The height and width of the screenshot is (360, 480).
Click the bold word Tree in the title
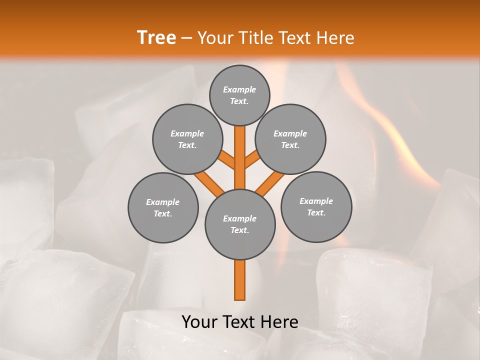[156, 37]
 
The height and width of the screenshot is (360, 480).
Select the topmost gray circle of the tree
[239, 95]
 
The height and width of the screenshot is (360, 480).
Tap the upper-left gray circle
[187, 139]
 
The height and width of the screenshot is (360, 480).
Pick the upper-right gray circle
[290, 139]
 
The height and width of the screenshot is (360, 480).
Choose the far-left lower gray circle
[163, 207]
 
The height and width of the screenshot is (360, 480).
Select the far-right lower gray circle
[316, 207]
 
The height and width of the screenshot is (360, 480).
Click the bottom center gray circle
[240, 224]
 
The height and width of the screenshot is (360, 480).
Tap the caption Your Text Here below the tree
[240, 322]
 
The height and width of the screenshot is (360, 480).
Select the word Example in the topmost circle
[239, 89]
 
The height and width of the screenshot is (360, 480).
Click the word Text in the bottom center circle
[239, 230]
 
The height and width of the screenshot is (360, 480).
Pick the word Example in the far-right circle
[316, 201]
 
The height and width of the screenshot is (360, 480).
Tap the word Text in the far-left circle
[162, 214]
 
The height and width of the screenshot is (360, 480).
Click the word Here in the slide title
[336, 37]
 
